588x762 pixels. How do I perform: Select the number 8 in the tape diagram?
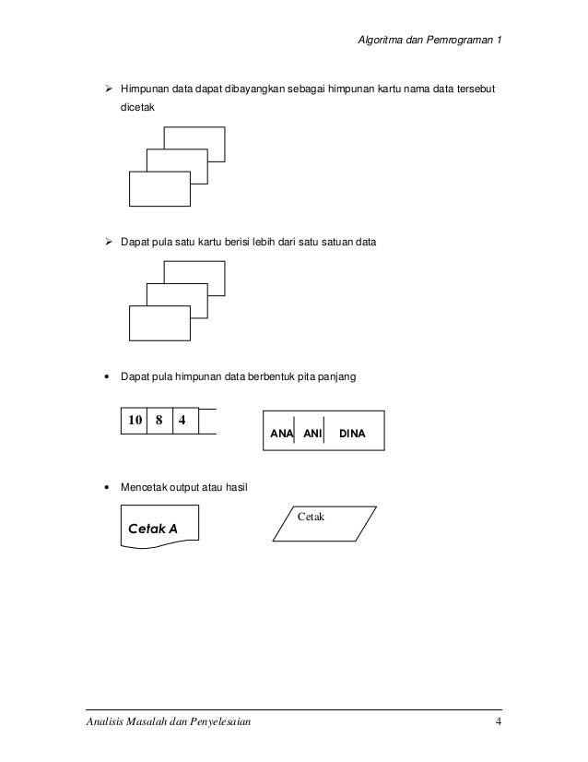point(159,420)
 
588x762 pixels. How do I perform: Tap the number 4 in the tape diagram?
point(182,420)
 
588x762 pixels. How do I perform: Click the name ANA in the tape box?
point(281,432)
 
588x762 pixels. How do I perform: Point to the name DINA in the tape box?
point(353,432)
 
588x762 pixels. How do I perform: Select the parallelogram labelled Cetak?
point(325,524)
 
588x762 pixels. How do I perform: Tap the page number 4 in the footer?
point(498,720)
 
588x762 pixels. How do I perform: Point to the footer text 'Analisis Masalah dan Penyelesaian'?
point(161,720)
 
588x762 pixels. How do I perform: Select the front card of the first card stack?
point(159,189)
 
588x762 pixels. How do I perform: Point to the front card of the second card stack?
point(159,323)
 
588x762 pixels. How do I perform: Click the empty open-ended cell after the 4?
point(206,420)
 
